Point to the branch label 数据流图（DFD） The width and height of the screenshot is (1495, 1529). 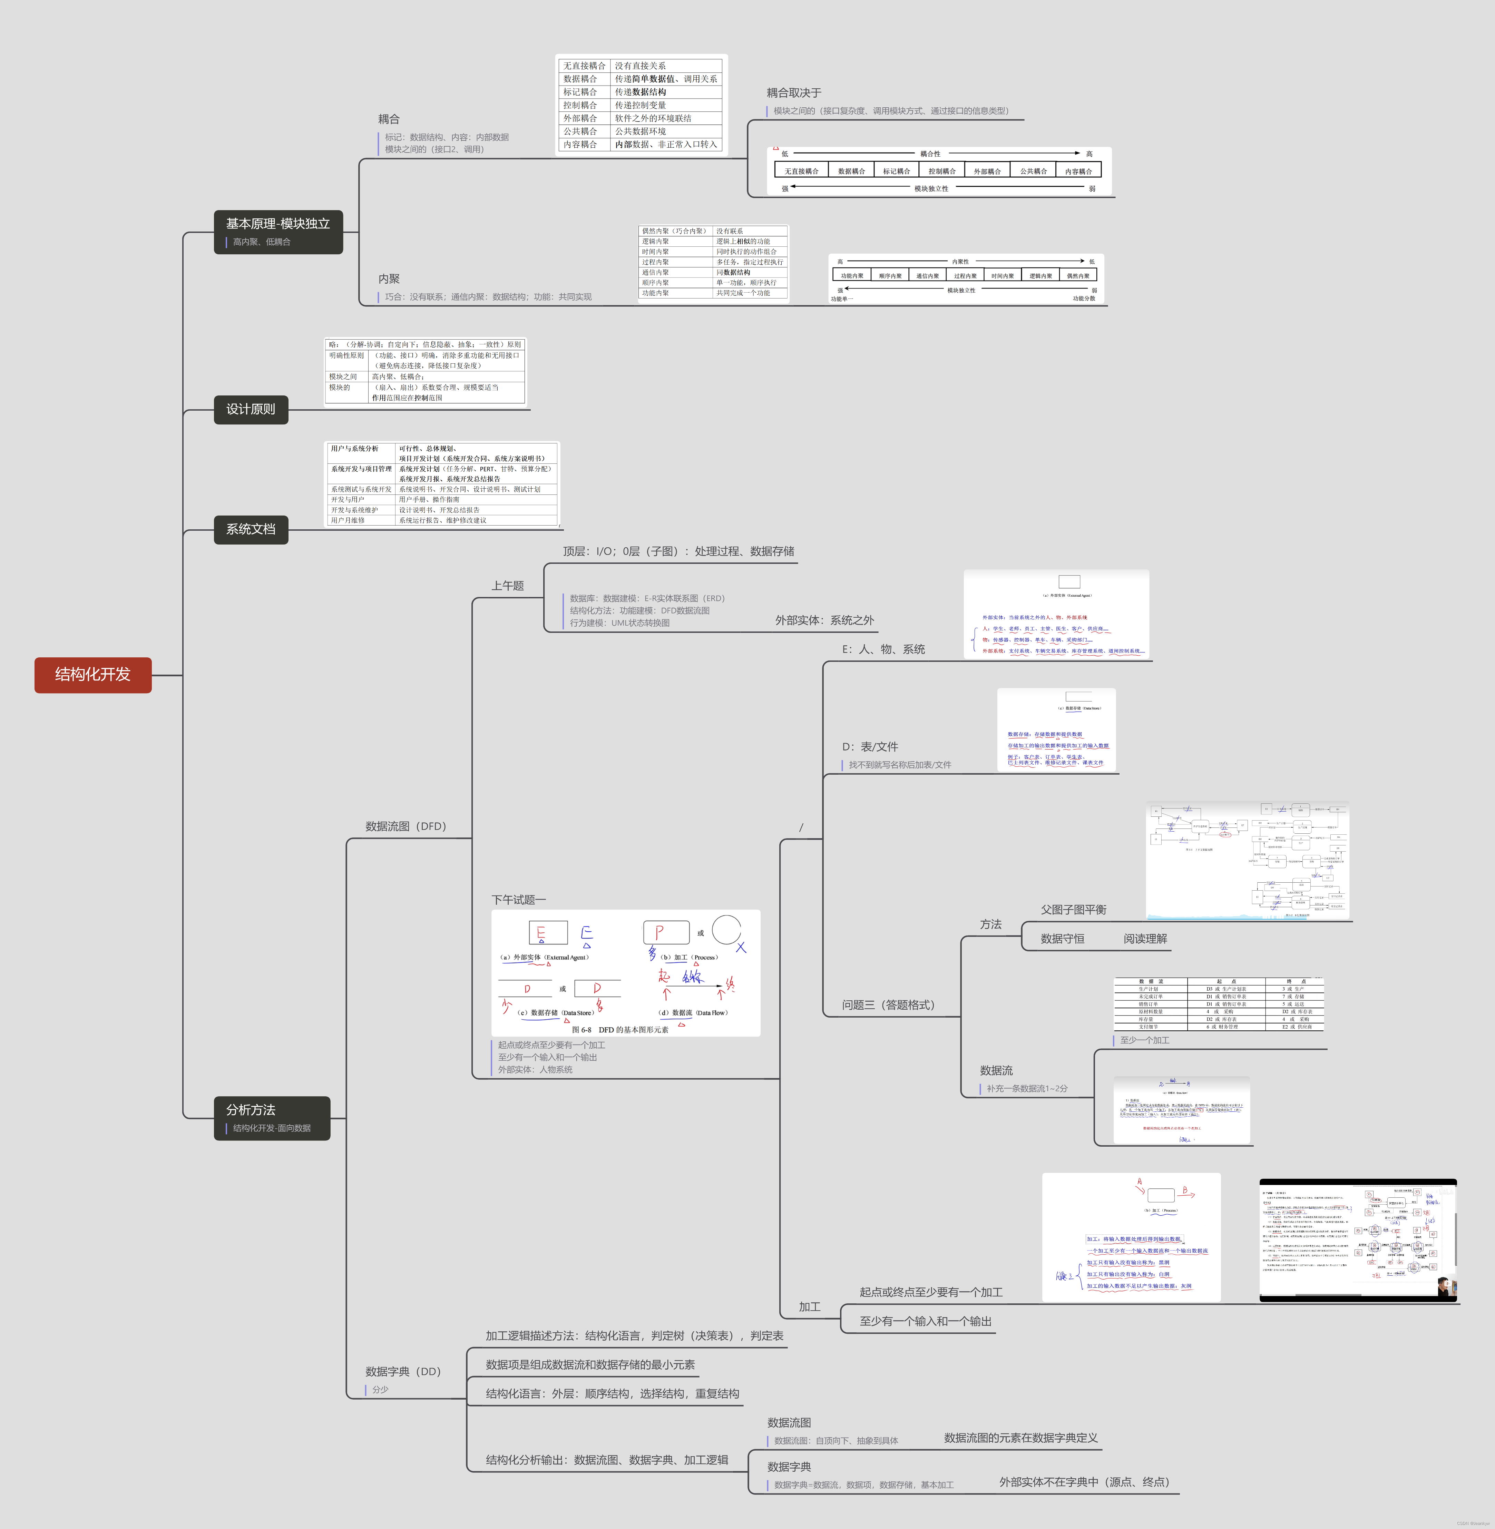(405, 826)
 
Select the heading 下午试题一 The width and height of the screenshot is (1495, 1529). (518, 900)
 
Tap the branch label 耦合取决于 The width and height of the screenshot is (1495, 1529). (794, 92)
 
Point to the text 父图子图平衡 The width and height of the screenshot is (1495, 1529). (1073, 910)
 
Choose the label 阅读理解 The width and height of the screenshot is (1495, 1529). (1145, 939)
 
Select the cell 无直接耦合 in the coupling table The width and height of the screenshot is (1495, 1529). (584, 66)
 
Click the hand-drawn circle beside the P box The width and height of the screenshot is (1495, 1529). (726, 930)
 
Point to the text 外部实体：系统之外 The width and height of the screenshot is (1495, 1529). (824, 620)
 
